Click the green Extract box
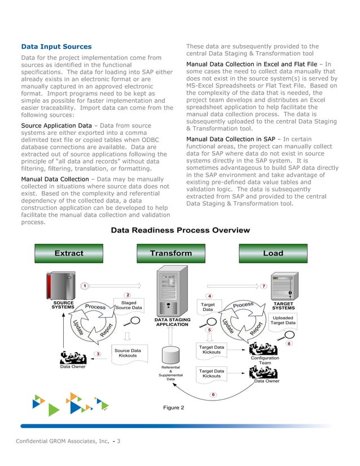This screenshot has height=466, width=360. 69,253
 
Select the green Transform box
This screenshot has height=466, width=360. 171,253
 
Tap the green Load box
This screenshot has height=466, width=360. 273,253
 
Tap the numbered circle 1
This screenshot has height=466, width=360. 84,286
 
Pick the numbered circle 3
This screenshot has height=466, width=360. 98,354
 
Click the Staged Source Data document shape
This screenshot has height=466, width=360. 129,305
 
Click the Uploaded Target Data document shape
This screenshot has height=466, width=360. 283,320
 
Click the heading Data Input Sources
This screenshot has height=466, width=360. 56,46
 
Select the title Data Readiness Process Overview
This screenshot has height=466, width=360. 180,230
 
